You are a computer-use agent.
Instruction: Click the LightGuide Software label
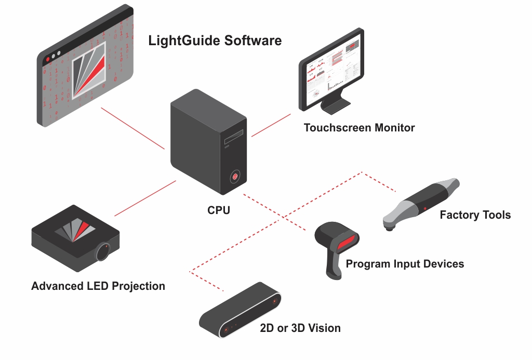[x=215, y=41]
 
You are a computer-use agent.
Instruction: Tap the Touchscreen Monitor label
[x=359, y=128]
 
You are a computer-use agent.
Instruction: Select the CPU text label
[x=218, y=211]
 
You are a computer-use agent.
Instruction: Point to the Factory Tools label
[x=475, y=215]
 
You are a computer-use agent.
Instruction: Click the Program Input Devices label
[x=405, y=264]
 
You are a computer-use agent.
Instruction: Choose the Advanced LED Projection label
[x=98, y=286]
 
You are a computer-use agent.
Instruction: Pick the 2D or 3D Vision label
[x=300, y=328]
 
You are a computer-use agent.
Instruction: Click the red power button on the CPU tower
[x=235, y=177]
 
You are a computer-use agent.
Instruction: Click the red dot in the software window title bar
[x=48, y=60]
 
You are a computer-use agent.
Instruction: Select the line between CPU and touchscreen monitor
[x=271, y=125]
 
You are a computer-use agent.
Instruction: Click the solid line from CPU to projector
[x=145, y=198]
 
